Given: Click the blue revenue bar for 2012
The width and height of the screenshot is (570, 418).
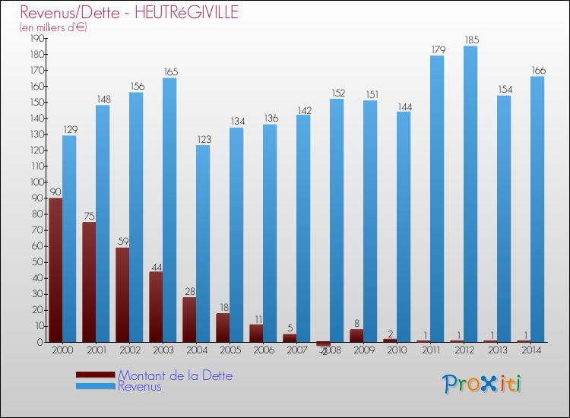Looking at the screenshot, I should (x=470, y=194).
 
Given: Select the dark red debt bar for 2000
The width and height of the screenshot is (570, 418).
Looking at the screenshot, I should (x=55, y=270).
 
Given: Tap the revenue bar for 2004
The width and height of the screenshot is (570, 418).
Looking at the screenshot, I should (x=203, y=243).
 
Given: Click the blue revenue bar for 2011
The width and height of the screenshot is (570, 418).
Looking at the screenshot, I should (x=437, y=199).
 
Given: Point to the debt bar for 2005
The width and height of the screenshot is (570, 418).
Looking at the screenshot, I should (x=223, y=328).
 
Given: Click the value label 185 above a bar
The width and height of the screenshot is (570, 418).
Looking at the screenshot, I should (x=470, y=40).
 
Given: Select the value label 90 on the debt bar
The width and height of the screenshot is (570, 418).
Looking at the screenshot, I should (x=55, y=192).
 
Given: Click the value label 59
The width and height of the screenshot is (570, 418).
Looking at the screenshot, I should (x=122, y=241).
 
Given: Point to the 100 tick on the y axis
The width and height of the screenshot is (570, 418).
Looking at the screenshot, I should (x=35, y=182).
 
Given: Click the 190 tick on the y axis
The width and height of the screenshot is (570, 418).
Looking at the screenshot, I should (x=35, y=38).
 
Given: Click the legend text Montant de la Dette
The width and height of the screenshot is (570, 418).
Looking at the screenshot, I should (x=176, y=375).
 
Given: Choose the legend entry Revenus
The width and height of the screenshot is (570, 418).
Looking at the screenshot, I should (x=140, y=387).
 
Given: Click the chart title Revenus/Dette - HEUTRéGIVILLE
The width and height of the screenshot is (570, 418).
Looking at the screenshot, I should (x=129, y=12).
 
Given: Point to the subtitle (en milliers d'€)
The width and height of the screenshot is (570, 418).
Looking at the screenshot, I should (x=53, y=27).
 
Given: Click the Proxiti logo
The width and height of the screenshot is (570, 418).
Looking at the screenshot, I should (x=482, y=383).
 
